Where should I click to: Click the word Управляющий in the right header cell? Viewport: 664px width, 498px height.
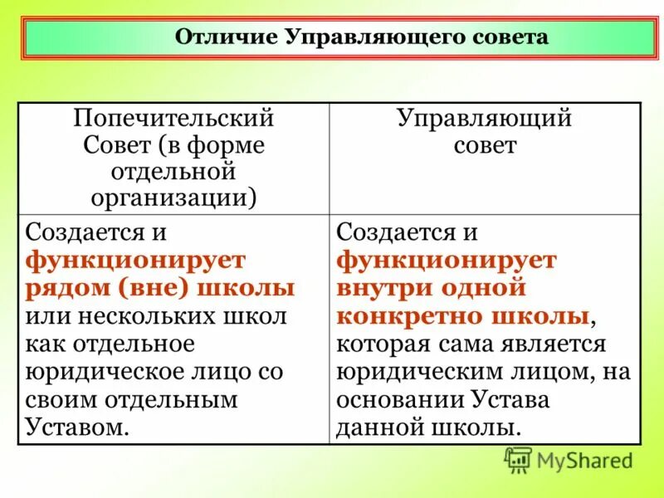pos(485,118)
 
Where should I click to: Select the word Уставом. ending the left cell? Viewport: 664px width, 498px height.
pos(80,427)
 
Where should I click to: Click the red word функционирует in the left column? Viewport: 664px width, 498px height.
pos(136,260)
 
